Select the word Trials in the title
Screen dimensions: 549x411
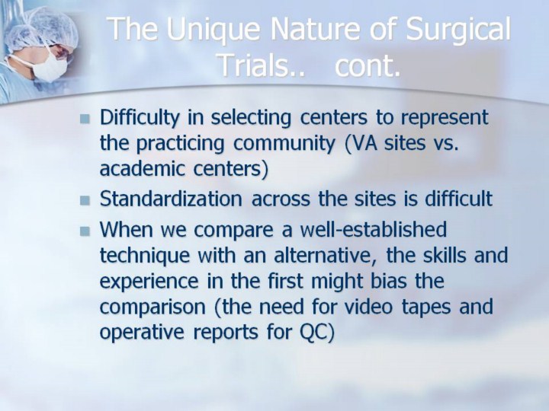[x=258, y=65]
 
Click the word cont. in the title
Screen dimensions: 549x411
[x=368, y=65]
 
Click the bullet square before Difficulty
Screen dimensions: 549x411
[x=85, y=119]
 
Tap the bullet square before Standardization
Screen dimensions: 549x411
[x=85, y=201]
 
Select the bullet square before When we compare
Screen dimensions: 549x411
[x=85, y=231]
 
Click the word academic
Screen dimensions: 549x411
[x=142, y=168]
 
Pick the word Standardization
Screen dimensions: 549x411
[x=171, y=199]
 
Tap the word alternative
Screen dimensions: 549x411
[x=322, y=256]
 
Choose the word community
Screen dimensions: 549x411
[x=284, y=144]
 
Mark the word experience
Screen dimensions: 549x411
[x=149, y=282]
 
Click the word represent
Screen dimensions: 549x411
[x=445, y=118]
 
